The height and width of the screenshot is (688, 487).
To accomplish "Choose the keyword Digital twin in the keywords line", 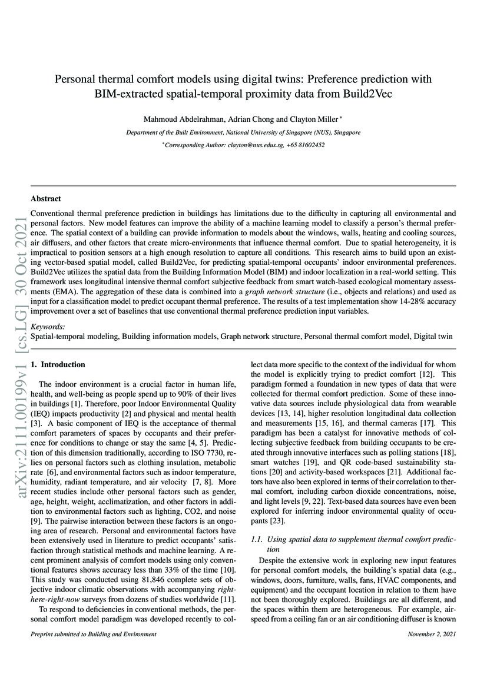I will coord(435,336).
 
